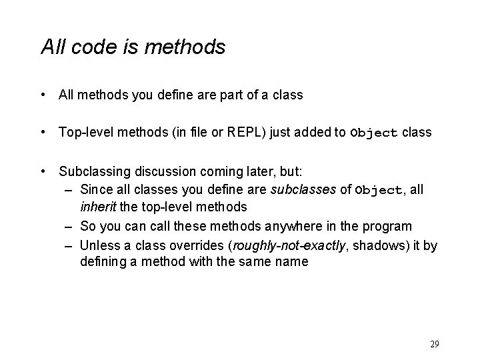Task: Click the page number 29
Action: point(434,345)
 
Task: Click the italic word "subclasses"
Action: point(303,190)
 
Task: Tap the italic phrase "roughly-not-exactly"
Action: point(287,245)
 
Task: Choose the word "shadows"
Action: point(377,245)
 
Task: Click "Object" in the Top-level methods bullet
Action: point(373,133)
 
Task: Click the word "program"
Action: point(389,227)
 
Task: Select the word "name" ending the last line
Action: point(293,262)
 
